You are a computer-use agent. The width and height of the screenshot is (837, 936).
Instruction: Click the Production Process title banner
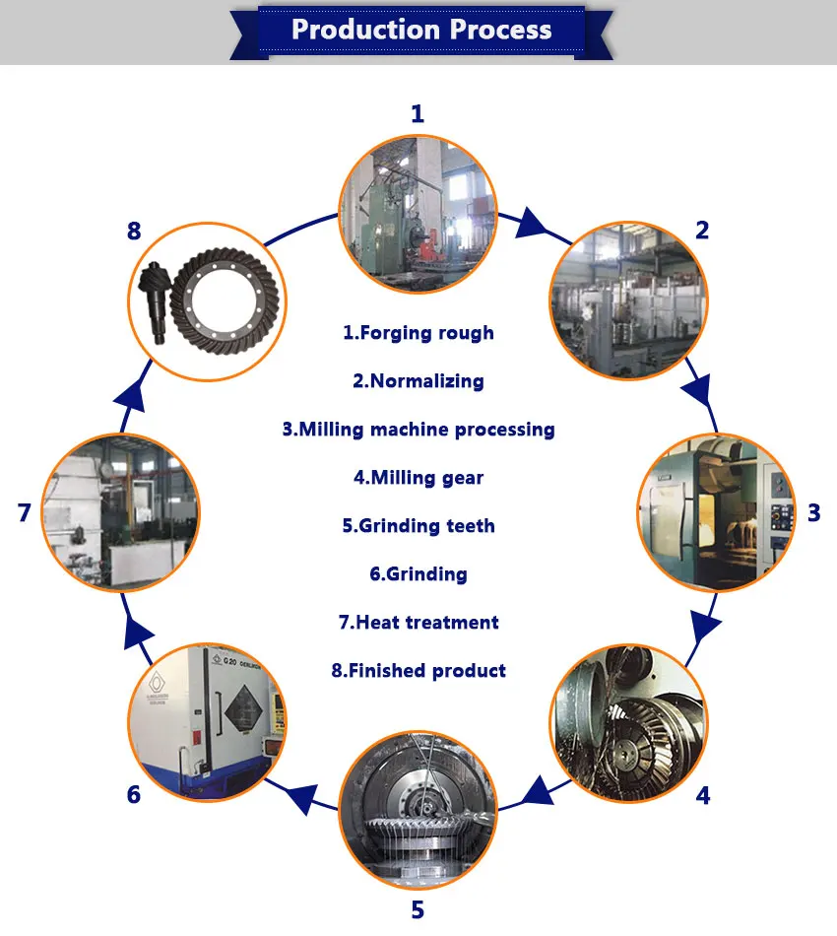click(x=421, y=29)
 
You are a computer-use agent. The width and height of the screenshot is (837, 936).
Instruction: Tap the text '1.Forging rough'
click(x=418, y=333)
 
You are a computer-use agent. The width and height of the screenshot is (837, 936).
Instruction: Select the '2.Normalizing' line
click(x=418, y=381)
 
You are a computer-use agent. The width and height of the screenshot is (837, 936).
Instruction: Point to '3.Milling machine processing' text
click(x=418, y=430)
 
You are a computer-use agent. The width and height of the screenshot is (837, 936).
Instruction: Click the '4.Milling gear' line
click(x=418, y=478)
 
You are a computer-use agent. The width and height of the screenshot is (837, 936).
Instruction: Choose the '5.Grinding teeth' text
click(x=418, y=526)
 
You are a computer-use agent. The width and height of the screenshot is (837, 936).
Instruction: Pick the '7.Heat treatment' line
click(x=418, y=623)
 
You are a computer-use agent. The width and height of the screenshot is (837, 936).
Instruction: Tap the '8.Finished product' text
click(x=418, y=671)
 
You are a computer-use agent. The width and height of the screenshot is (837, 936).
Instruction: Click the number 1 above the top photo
click(x=418, y=114)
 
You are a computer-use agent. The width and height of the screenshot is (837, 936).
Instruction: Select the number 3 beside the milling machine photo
click(x=813, y=512)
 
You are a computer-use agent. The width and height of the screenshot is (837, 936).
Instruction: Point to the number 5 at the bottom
click(x=418, y=909)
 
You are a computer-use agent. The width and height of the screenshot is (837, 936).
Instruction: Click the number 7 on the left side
click(x=24, y=512)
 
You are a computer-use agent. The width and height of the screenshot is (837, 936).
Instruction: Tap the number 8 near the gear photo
click(x=134, y=233)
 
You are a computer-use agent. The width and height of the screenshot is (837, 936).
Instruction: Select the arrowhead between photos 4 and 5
click(x=535, y=789)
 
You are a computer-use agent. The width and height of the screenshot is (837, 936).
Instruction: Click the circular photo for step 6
click(x=208, y=719)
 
